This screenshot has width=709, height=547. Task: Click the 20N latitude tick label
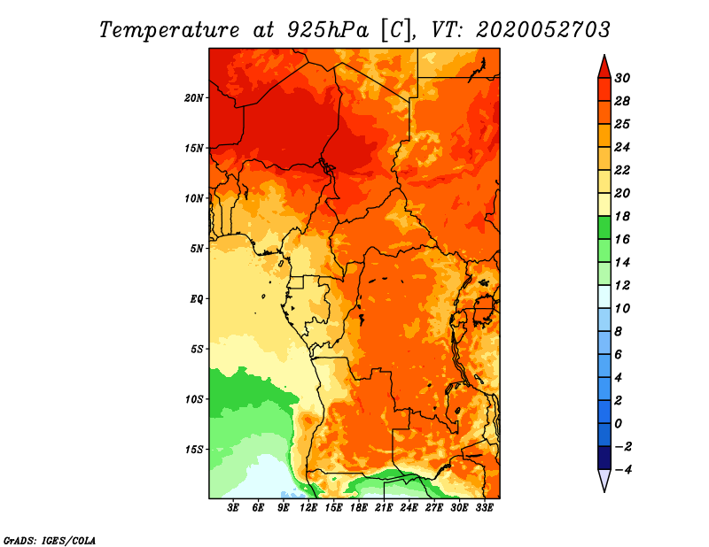[194, 97]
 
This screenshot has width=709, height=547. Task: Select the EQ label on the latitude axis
[197, 298]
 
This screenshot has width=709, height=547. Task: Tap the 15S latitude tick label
[194, 450]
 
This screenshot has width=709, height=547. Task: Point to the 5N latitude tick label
[197, 249]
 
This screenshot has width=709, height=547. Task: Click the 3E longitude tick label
[234, 508]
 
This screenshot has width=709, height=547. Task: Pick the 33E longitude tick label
[484, 508]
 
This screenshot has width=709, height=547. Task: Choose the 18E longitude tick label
[359, 508]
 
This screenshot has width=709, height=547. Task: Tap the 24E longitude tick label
[409, 508]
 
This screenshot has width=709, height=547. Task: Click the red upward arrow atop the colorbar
[604, 65]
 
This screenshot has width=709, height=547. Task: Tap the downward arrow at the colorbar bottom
[604, 481]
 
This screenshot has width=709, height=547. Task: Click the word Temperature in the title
[171, 29]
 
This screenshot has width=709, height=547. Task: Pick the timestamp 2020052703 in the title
[543, 29]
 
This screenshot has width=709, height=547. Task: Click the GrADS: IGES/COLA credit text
[49, 539]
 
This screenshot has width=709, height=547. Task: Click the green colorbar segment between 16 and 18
[604, 227]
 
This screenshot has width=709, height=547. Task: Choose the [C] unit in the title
[396, 29]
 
